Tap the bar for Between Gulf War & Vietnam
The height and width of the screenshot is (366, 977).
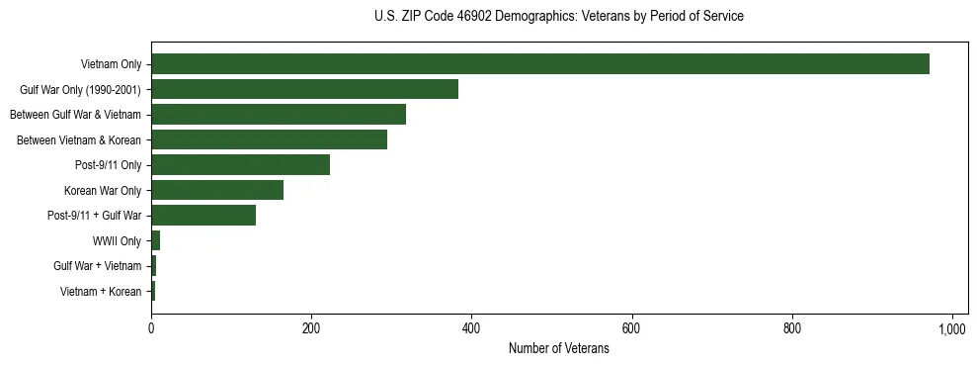pyautogui.click(x=279, y=115)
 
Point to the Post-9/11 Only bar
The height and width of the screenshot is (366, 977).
pyautogui.click(x=240, y=165)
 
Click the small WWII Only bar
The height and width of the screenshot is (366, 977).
pyautogui.click(x=155, y=240)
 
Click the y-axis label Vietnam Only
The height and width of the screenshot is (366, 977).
pyautogui.click(x=111, y=64)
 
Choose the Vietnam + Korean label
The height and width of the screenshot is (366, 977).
pyautogui.click(x=101, y=291)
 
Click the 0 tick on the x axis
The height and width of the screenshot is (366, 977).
pyautogui.click(x=151, y=328)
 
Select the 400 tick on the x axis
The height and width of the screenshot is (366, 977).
pyautogui.click(x=471, y=328)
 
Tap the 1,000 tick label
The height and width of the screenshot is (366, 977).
pyautogui.click(x=952, y=328)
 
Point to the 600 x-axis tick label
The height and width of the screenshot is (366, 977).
pyautogui.click(x=631, y=328)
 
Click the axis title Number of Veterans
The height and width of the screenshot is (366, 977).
pyautogui.click(x=558, y=349)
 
